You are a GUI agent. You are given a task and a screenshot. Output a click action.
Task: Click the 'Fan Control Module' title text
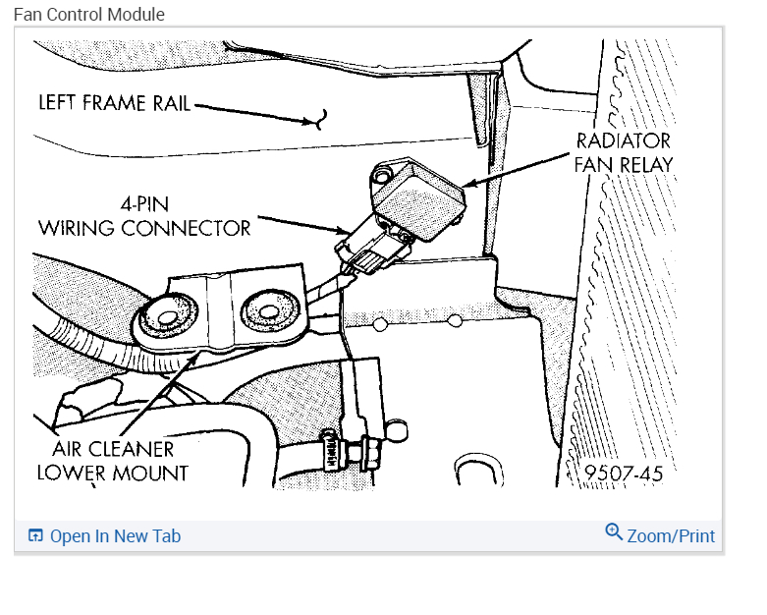coord(89,15)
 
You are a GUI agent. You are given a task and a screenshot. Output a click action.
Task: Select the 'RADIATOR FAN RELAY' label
coord(624,152)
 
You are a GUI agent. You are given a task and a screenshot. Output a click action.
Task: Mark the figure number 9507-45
coord(624,474)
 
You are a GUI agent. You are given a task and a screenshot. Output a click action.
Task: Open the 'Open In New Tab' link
coord(115,536)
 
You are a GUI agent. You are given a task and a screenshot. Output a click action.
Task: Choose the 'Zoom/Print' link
coord(671,536)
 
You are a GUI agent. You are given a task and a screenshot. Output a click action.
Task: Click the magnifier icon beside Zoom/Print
coord(614,532)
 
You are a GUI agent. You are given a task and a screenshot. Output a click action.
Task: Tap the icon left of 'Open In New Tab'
coord(36,536)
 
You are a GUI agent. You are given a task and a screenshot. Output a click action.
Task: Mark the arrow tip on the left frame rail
coord(317,121)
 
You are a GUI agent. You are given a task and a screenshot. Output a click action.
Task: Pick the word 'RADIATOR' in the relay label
coord(624,140)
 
